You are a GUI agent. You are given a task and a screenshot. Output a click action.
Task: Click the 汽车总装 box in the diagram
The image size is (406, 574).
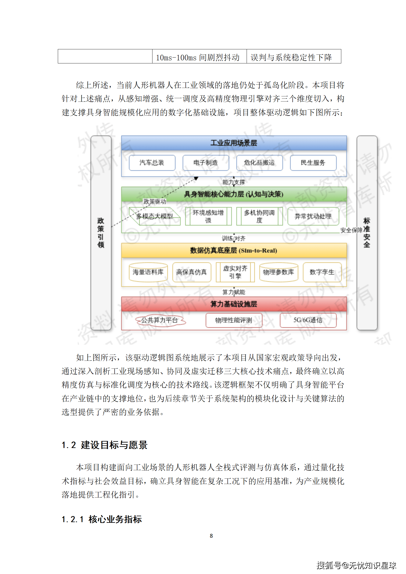point(152,163)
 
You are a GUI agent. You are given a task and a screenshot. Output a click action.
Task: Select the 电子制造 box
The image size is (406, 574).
point(206,163)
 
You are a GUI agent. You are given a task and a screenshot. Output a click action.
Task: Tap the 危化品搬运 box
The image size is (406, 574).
point(259,163)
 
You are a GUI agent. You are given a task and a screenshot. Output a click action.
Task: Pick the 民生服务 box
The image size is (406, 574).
point(313,163)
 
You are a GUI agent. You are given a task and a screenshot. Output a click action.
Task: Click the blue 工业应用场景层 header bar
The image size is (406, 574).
point(234,143)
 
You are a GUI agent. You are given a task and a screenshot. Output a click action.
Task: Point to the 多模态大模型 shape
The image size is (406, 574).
point(155,216)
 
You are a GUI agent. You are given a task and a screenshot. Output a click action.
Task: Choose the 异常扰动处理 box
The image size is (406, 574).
point(313,217)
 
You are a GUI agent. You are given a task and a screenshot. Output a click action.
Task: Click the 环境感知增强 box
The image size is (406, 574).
point(208,216)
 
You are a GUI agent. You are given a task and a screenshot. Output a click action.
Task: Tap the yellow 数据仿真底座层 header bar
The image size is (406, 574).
point(234,250)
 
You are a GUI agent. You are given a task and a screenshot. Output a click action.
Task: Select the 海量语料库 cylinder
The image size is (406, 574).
point(148,272)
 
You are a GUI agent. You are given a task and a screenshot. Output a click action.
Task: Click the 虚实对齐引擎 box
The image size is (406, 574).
point(235,272)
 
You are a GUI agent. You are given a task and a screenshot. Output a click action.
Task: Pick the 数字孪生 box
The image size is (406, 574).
point(322,272)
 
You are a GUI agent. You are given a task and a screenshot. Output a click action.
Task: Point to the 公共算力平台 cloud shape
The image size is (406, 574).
point(160,320)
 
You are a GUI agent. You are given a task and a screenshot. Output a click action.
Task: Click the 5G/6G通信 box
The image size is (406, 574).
point(308,320)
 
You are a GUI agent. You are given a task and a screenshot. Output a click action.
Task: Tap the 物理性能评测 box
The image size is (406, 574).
point(234,320)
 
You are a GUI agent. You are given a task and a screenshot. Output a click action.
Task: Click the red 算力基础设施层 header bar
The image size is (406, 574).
point(234,304)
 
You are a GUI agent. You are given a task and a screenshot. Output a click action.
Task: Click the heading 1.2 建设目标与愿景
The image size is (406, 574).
point(105,445)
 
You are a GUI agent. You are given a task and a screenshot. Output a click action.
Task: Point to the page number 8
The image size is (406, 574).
point(211,536)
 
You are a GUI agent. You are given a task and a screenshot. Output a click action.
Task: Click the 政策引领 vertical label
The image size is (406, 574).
point(101,233)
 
